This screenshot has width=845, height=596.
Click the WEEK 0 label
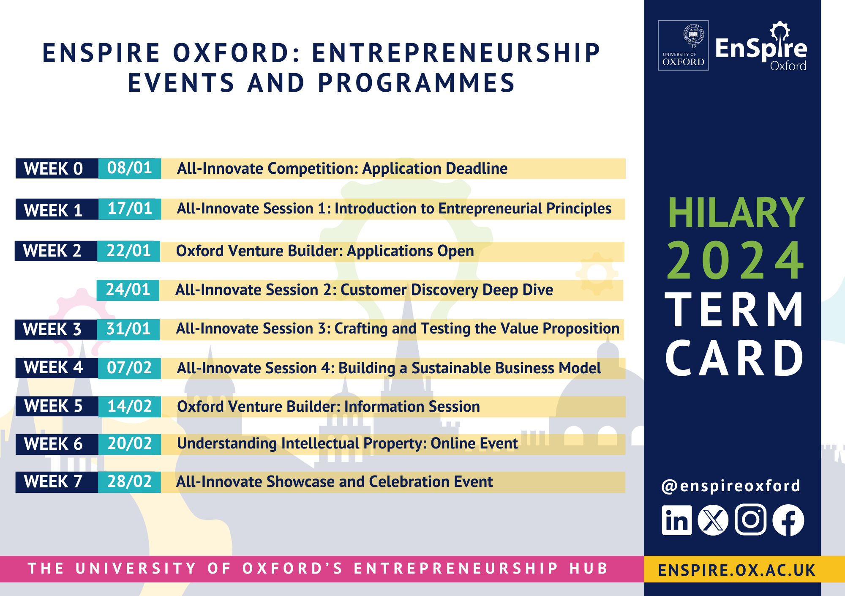point(53,169)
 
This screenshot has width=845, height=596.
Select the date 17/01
point(130,208)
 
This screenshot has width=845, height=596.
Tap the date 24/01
point(128,290)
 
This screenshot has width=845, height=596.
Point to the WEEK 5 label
point(53,406)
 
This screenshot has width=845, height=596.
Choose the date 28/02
point(129,481)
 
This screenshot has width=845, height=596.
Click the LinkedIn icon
point(677,520)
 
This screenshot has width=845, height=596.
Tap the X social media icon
point(713,520)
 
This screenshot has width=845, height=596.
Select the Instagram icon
point(750,520)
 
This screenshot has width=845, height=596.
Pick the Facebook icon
point(788,520)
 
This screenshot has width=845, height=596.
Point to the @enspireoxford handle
point(731,486)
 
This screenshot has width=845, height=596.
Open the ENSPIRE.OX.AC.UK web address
point(737,570)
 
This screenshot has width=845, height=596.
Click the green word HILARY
point(736,213)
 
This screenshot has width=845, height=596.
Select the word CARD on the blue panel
point(735,358)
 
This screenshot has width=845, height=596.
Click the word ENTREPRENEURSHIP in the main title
point(456,53)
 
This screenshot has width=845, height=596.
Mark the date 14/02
point(129,406)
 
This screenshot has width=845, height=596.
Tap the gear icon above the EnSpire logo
point(780,30)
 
